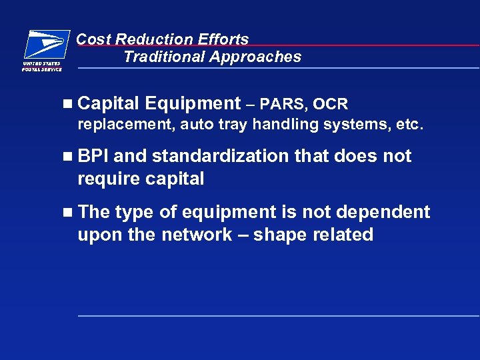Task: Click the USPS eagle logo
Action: point(46,45)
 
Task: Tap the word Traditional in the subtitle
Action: point(163,57)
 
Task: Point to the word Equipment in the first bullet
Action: point(192,103)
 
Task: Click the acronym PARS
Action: point(282,104)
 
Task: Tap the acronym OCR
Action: point(330,104)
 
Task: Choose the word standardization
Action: point(221,156)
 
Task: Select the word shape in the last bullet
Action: point(275,235)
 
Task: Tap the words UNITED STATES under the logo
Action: point(42,63)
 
